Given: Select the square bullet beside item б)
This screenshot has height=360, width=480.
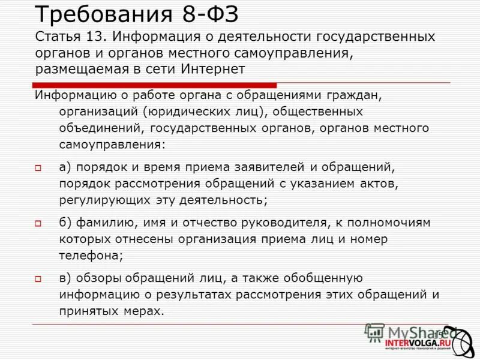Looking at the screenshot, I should point(37,223).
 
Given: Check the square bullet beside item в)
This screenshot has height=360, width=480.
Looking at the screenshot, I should point(37,278).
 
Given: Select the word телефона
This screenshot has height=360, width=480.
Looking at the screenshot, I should point(91,255).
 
